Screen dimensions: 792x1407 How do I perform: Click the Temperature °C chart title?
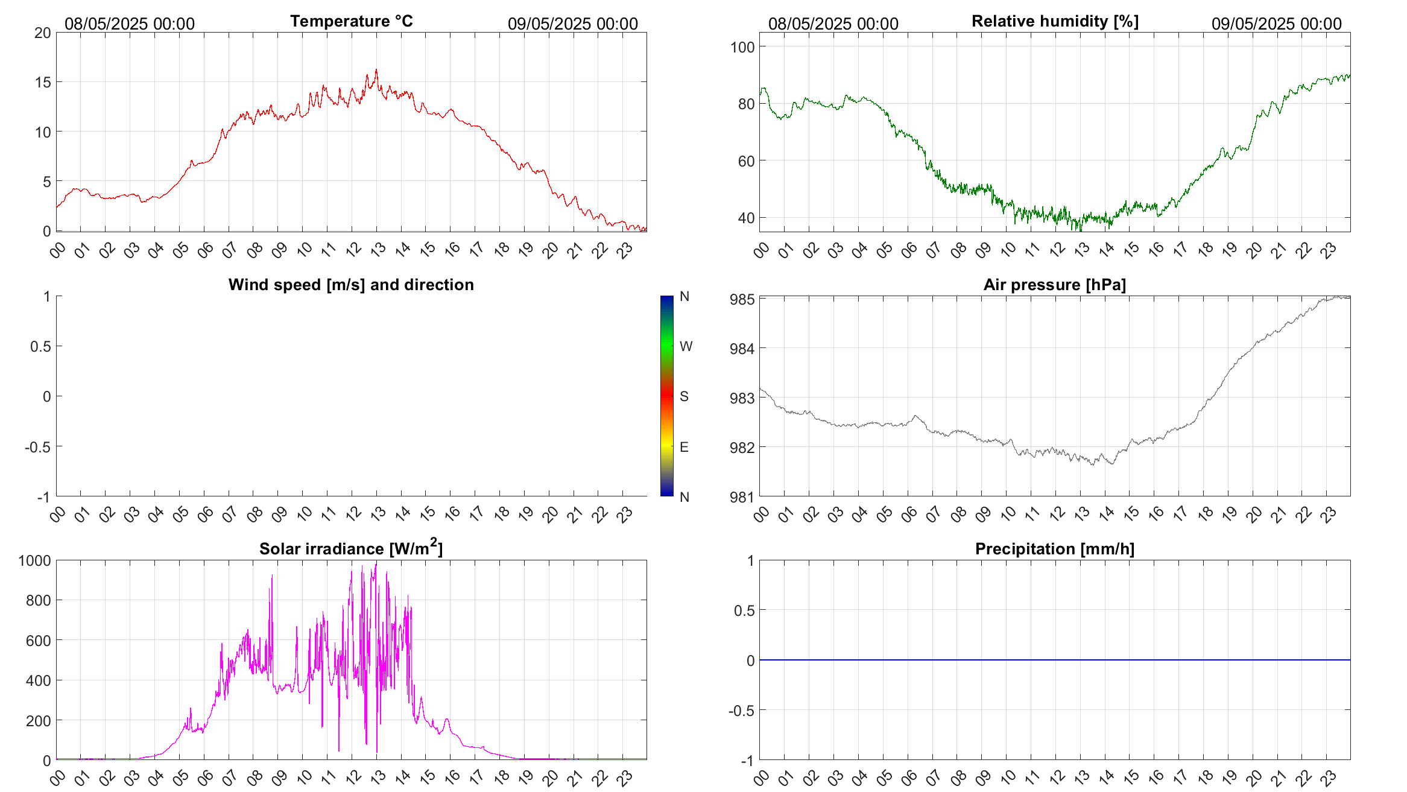coord(351,21)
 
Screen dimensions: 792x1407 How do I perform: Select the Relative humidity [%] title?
coord(1055,21)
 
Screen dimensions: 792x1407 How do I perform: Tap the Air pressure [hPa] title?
coord(1054,285)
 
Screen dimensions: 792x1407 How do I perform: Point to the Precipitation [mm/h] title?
coord(1054,549)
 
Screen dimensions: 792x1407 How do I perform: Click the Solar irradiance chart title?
coord(351,548)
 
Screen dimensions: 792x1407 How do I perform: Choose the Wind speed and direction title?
coord(351,285)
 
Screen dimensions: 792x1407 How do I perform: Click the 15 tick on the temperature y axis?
coord(43,82)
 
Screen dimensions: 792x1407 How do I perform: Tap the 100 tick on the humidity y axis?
coord(742,47)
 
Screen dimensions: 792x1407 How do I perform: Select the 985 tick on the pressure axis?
coord(742,299)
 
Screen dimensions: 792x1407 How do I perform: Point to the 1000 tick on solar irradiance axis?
coord(35,560)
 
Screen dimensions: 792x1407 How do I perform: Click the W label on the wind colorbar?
coord(686,346)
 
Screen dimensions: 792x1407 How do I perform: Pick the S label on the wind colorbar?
coord(684,396)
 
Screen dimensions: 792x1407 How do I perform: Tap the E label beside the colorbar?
coord(684,447)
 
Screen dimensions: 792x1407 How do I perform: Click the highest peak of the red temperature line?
coord(376,70)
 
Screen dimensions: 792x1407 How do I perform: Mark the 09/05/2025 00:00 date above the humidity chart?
coord(1276,24)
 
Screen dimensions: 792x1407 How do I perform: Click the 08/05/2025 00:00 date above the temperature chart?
coord(130,24)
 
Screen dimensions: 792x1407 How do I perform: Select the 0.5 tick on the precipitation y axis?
coord(744,610)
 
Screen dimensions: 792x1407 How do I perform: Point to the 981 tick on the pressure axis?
coord(742,497)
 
